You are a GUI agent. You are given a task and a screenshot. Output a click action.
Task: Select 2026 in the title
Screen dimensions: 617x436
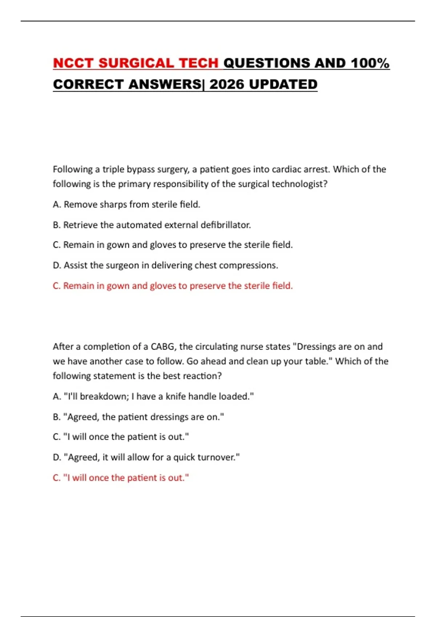[226, 85]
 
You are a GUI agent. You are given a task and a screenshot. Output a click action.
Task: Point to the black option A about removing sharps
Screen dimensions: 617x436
[126, 205]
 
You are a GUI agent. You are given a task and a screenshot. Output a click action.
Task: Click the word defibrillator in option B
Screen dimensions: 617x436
[226, 225]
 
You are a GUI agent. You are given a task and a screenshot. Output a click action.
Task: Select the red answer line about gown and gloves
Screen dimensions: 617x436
[173, 286]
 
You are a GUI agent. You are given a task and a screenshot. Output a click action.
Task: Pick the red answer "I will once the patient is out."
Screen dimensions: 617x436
[121, 478]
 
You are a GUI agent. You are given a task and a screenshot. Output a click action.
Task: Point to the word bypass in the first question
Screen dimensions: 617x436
[142, 169]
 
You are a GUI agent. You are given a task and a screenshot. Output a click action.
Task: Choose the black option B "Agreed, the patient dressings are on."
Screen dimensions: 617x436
[138, 417]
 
